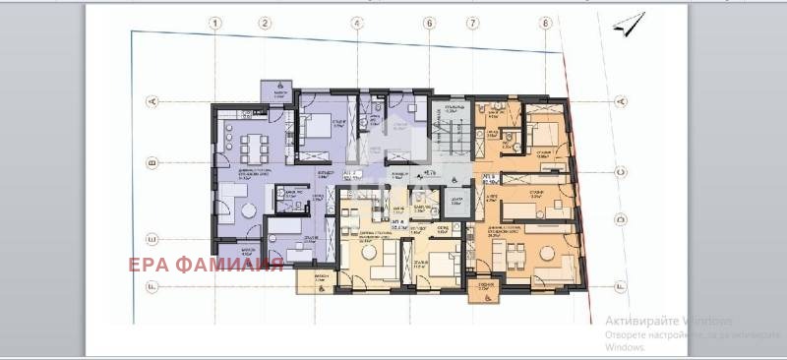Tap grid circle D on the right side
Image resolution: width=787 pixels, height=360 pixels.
coord(620,220)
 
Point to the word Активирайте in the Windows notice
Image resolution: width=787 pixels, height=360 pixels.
coord(635,322)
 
